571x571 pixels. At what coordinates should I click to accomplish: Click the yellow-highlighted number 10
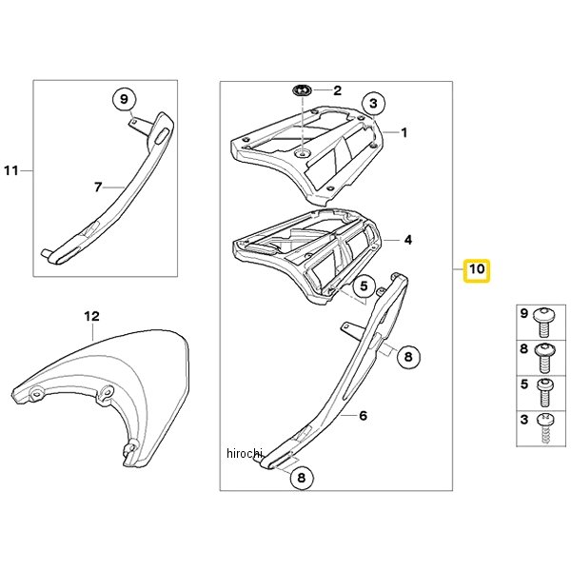point(477,270)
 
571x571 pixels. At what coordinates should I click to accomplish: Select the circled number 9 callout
point(124,99)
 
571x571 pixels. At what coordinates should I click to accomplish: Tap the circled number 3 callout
point(373,104)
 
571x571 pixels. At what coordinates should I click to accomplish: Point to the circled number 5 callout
point(364,286)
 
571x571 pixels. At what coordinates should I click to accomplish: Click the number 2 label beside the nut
point(338,90)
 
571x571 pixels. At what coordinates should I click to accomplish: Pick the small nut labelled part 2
point(302,90)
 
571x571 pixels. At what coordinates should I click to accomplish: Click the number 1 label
point(404,132)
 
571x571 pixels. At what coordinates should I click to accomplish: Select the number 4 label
point(408,240)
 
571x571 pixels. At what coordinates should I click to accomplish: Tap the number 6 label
point(364,416)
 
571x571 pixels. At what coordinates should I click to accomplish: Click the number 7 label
point(98,187)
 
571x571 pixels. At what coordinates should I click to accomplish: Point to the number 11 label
point(10,170)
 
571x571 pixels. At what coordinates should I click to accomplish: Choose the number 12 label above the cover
point(91,316)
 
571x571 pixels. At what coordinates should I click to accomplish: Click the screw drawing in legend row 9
point(544,322)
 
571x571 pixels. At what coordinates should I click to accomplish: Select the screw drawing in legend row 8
point(544,358)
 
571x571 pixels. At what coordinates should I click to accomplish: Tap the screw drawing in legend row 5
point(545,393)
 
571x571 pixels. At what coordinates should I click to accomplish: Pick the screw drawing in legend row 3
point(545,428)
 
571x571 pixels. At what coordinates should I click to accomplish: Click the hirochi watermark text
point(244,453)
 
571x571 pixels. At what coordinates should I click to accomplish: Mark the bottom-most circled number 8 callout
point(302,478)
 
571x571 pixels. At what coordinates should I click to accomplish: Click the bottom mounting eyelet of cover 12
point(131,446)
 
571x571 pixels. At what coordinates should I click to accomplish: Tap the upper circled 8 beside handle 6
point(408,357)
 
